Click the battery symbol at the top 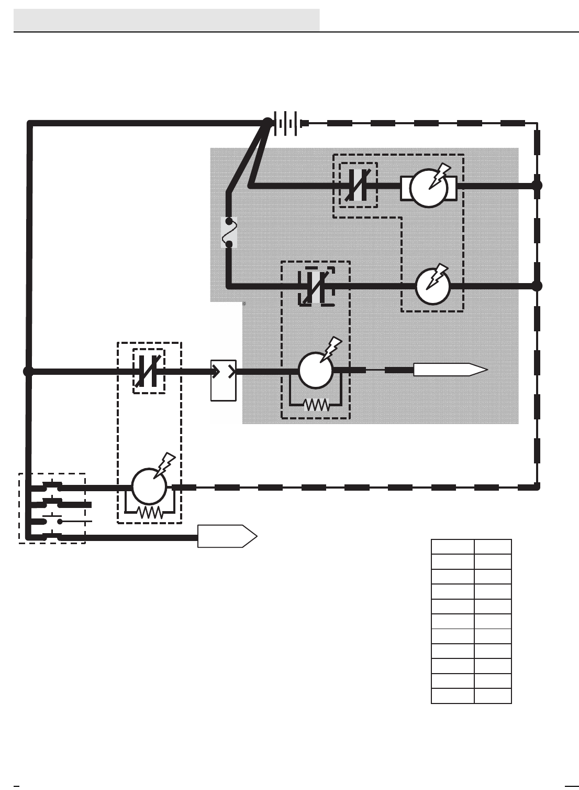[x=287, y=123]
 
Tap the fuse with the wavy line [x=229, y=232]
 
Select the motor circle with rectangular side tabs [x=429, y=188]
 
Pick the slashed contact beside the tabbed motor [x=359, y=185]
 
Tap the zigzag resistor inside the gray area [x=316, y=405]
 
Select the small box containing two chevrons [x=224, y=381]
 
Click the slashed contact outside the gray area [x=149, y=371]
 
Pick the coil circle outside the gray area [x=149, y=486]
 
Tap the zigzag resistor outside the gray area [x=149, y=513]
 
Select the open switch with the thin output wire [x=52, y=521]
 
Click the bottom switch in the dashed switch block [x=52, y=537]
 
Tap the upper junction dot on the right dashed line [x=537, y=185]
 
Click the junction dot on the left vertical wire [x=28, y=371]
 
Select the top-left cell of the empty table [x=452, y=547]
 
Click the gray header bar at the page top [x=166, y=20]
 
